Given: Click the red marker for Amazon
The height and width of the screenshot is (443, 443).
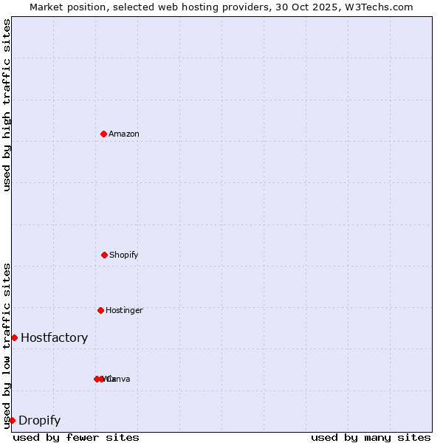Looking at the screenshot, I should [x=103, y=134].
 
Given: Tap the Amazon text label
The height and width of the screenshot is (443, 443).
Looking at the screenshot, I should [x=123, y=134].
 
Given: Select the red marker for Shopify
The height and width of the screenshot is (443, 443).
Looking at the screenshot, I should [x=104, y=255].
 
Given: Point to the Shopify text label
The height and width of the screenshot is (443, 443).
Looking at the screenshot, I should [x=123, y=255].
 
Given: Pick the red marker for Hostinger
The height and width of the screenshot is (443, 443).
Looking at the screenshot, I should [x=100, y=310].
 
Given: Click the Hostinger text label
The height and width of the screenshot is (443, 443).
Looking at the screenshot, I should [x=124, y=311].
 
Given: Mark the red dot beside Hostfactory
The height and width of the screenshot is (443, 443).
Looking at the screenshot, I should [x=14, y=337].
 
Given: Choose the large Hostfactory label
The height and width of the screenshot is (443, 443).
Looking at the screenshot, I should [x=54, y=338].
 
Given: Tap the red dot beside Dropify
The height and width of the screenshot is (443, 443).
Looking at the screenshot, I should [x=12, y=420].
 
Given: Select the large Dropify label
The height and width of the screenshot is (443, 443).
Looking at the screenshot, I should [x=39, y=421].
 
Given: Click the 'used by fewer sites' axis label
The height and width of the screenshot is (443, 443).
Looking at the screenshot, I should [x=76, y=437].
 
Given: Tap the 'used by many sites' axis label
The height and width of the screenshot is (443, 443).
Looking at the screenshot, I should [x=371, y=437].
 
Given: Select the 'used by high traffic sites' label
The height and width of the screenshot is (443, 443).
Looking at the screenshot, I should [x=7, y=105].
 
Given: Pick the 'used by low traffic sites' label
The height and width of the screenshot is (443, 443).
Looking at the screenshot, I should [x=7, y=346].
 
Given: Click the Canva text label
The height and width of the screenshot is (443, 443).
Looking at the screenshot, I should [x=119, y=380].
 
